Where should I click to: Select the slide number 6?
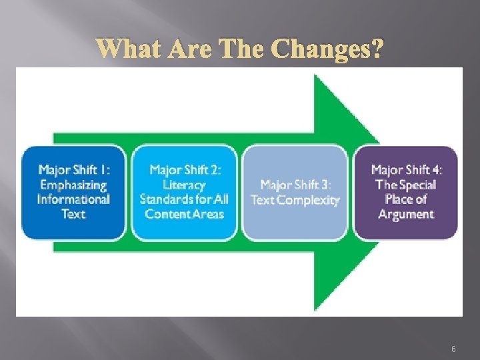click(453, 348)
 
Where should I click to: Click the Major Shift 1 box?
click(73, 192)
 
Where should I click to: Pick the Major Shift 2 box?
click(184, 192)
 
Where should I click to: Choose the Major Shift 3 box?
click(295, 192)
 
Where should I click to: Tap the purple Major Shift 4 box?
click(406, 192)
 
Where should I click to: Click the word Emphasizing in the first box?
click(73, 185)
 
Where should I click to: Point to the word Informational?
click(73, 199)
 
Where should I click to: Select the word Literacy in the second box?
click(184, 185)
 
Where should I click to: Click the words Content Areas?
click(184, 214)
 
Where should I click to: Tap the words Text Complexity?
click(295, 199)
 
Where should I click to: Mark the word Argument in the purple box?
click(406, 214)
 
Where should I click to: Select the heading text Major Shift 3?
click(295, 185)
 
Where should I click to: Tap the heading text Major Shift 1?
click(73, 170)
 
